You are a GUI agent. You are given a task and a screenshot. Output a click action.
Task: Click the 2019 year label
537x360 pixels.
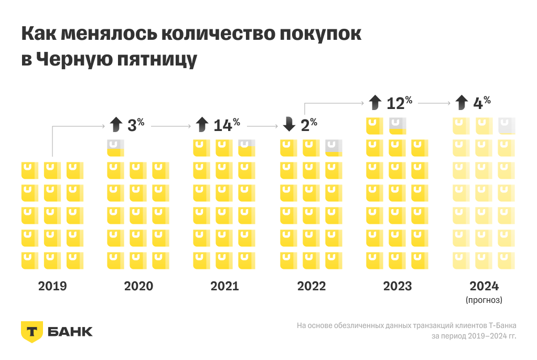(52, 286)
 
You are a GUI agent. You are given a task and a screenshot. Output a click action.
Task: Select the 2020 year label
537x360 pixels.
(138, 286)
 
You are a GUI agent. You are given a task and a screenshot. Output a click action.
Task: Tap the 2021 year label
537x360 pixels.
(224, 286)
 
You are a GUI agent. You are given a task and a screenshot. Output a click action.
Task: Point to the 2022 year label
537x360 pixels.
(312, 286)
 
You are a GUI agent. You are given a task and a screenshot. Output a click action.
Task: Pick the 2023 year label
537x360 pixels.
(398, 286)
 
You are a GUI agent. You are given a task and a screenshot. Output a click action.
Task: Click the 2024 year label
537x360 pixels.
(484, 286)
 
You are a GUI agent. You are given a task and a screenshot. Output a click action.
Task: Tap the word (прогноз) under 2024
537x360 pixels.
(484, 300)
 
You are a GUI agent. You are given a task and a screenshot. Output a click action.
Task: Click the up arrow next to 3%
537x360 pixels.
(116, 125)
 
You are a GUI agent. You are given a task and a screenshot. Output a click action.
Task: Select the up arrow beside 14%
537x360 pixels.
(202, 125)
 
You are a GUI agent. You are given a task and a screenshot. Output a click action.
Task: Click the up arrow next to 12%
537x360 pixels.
(374, 102)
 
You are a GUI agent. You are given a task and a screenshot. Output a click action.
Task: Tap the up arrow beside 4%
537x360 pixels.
(461, 102)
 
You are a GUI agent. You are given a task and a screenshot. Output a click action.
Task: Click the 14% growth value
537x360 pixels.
(227, 125)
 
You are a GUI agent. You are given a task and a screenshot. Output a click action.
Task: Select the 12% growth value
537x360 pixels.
(399, 102)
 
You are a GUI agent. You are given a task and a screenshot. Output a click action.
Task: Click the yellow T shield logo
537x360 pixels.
(31, 331)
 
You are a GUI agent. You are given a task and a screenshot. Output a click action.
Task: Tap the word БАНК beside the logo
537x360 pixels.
(70, 332)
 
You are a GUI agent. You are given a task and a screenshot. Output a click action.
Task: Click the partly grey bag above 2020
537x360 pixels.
(115, 148)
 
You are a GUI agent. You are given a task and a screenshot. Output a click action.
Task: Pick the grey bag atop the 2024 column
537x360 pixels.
(507, 126)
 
